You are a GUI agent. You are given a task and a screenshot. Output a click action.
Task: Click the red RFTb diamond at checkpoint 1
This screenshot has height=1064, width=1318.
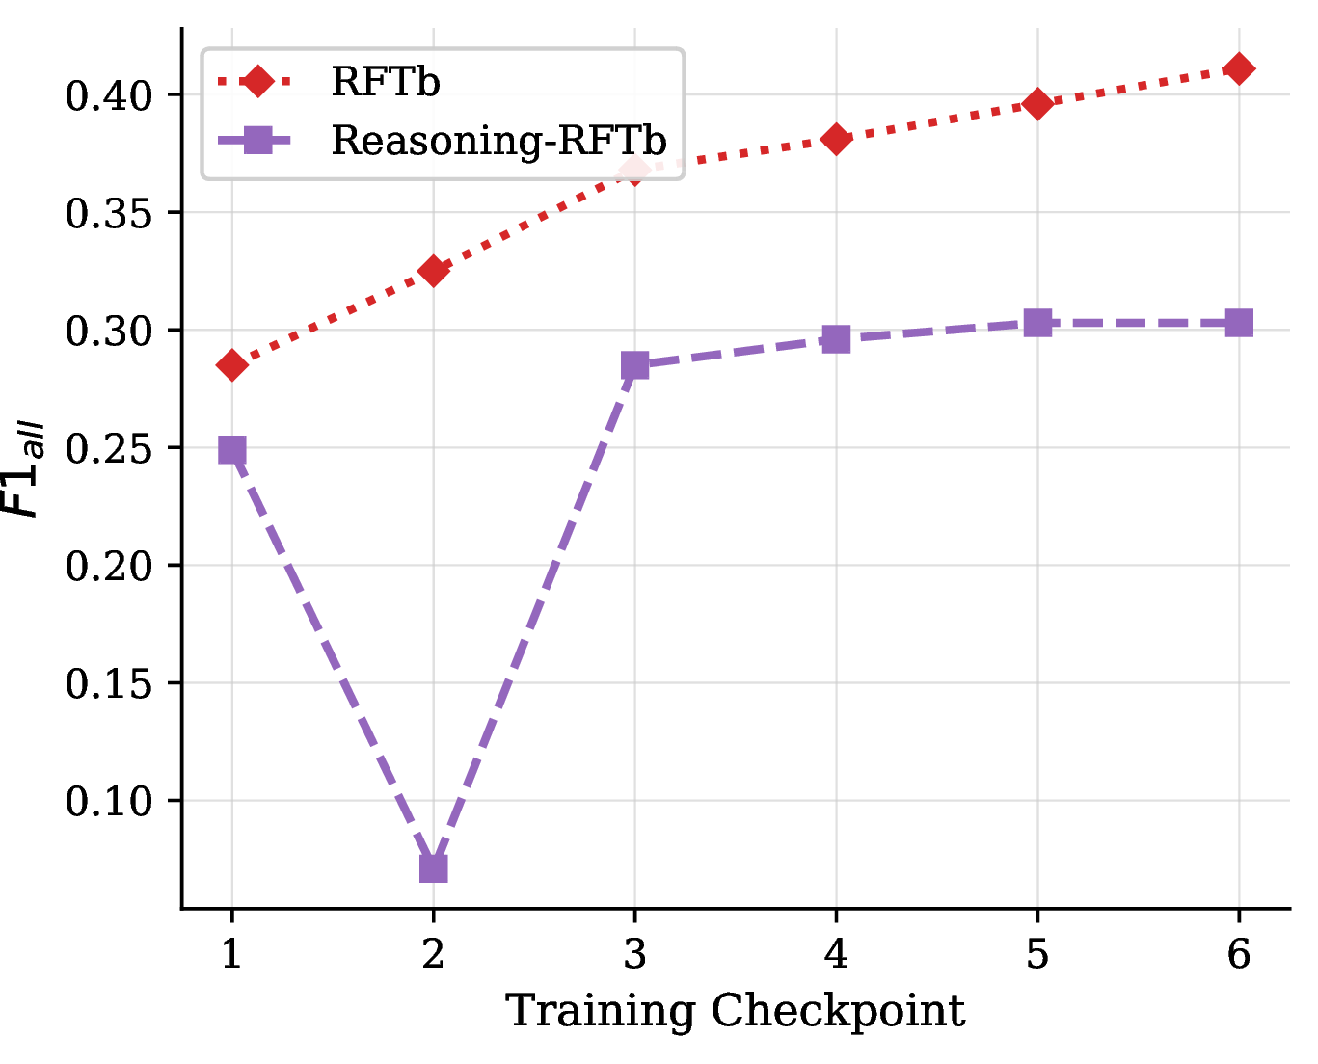231,364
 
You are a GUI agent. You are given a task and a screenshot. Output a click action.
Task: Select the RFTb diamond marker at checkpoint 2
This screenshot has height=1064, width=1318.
433,270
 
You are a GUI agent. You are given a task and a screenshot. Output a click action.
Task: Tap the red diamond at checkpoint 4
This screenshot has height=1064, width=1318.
836,139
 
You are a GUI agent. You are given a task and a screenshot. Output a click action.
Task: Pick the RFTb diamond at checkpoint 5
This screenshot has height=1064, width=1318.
1037,103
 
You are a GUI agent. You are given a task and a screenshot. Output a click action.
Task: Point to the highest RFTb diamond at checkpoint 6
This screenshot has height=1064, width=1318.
1239,68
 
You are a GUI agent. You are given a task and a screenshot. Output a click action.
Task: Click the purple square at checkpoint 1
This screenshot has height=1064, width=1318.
231,450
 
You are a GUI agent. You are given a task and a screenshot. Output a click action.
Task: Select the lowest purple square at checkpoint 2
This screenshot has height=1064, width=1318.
433,868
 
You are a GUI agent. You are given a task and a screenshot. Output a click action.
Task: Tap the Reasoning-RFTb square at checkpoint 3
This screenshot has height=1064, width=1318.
634,365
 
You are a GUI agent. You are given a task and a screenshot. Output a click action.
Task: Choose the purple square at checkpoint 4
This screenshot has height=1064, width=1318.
836,339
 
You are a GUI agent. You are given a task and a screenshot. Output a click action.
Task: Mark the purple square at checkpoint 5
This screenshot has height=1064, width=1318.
1037,323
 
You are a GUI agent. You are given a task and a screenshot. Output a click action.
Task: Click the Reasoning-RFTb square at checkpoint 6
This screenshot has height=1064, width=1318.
1239,323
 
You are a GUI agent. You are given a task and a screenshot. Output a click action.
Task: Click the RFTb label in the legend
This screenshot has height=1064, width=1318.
385,81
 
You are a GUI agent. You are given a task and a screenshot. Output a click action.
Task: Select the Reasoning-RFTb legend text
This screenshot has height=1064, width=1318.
498,141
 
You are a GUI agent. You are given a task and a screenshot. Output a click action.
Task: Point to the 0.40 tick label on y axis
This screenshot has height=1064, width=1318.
108,96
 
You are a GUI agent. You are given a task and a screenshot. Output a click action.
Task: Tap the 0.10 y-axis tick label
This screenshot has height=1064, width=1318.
108,802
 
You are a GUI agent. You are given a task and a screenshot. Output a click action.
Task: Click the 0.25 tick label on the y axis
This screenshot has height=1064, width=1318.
108,449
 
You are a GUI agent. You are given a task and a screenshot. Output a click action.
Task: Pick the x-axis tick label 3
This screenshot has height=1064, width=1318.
634,953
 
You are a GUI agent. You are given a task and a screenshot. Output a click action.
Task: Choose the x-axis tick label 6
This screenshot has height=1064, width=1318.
1239,953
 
